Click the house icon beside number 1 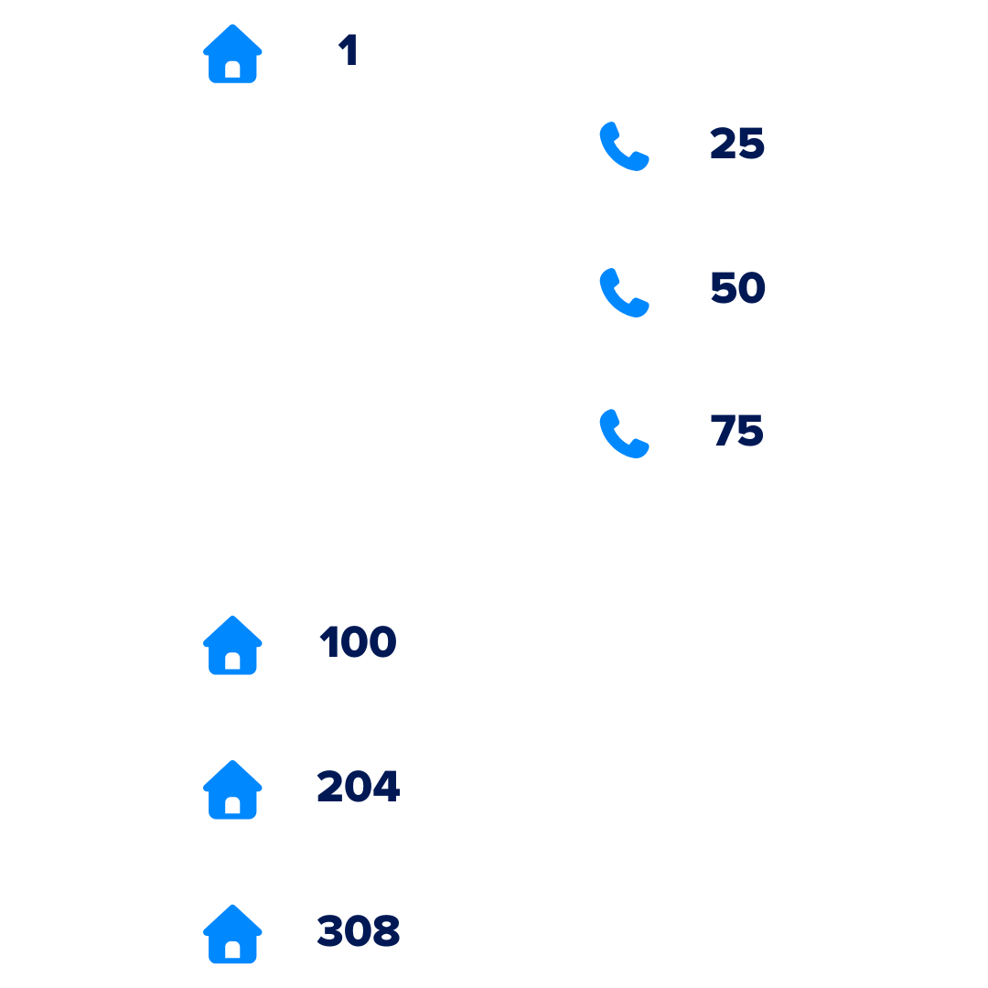click(232, 54)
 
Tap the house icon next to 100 click(232, 645)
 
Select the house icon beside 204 click(232, 789)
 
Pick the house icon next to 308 click(232, 934)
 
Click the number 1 click(348, 49)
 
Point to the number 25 click(737, 143)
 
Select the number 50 click(738, 287)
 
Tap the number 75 click(736, 430)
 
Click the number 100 click(358, 641)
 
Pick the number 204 click(359, 786)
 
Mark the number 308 click(358, 930)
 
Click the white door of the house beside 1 click(232, 70)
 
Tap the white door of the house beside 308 click(232, 950)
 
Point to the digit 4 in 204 click(386, 786)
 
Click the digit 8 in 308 click(386, 930)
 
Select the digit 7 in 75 click(724, 430)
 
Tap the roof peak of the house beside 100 click(232, 617)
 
